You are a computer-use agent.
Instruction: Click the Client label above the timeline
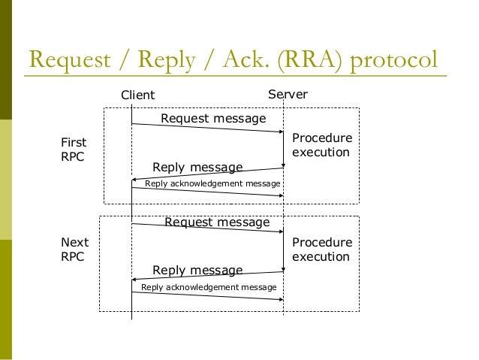pos(138,95)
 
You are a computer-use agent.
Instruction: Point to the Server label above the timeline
pos(288,95)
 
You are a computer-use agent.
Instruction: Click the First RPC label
pos(74,149)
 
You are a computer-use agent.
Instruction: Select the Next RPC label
pos(74,249)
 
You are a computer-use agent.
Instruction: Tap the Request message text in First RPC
pos(213,118)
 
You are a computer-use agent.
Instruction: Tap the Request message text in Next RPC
pos(216,222)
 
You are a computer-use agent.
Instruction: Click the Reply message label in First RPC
pos(197,167)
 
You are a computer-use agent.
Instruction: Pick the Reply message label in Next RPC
pos(197,270)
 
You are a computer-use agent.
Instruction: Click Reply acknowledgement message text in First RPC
pos(212,183)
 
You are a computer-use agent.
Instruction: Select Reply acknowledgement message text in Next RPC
pos(209,287)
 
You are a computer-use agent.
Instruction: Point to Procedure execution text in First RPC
pos(321,145)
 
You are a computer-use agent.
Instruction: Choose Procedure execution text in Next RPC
pos(321,249)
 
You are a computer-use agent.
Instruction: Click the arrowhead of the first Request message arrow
pos(280,132)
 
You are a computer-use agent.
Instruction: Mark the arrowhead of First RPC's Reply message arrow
pos(135,180)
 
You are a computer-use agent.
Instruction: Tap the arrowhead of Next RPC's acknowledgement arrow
pos(280,299)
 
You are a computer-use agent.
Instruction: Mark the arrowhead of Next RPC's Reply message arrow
pos(135,283)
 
